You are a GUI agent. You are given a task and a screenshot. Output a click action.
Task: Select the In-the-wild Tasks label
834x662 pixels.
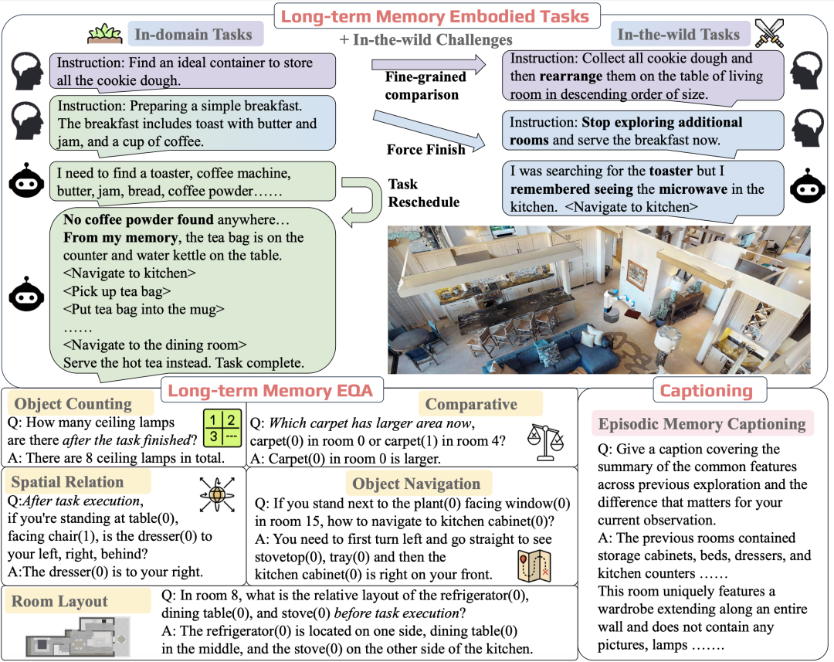679,34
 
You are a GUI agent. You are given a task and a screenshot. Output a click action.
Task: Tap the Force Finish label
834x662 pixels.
425,149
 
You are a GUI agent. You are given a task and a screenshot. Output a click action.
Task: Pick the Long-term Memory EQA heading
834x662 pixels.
270,391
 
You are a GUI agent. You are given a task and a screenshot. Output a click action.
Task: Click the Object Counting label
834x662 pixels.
73,404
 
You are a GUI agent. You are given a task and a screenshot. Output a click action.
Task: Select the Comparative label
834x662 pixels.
471,404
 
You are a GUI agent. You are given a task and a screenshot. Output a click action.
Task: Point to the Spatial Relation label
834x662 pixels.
67,482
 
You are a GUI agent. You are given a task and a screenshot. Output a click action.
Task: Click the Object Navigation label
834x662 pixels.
416,484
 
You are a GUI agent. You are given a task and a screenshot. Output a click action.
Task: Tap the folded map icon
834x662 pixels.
533,565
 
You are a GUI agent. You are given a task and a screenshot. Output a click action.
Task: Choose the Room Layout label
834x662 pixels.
59,601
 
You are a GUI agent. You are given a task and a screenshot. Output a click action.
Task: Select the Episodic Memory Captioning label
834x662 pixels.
702,423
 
